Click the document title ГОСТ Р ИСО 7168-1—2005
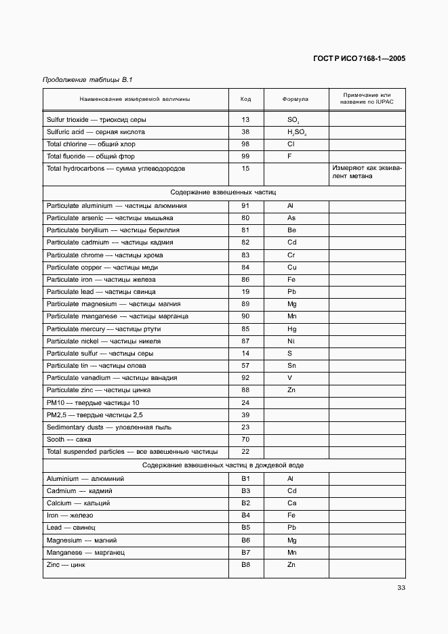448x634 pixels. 359,58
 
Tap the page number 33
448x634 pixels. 401,587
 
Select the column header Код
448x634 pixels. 245,99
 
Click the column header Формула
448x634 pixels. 295,99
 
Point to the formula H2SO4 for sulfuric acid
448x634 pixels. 296,132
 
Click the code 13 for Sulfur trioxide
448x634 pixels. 245,120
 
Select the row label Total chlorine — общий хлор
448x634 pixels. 91,144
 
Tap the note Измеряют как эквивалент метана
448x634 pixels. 366,172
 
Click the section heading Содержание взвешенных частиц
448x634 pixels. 223,192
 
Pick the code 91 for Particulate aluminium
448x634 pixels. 245,205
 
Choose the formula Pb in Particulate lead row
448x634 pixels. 291,292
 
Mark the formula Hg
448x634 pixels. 291,329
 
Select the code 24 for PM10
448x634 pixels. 245,402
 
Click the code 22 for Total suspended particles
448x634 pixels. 245,451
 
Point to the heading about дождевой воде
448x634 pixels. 223,465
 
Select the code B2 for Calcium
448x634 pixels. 245,503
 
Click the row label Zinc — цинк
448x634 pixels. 65,564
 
